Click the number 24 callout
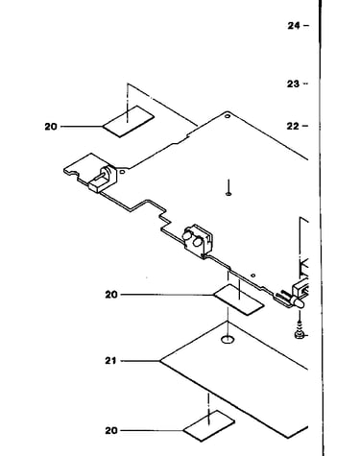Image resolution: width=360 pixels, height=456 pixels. tap(294, 26)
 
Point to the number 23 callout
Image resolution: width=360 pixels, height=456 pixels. tap(293, 84)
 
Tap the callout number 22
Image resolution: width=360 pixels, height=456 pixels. tap(293, 127)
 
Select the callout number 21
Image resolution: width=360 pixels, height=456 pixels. tap(110, 361)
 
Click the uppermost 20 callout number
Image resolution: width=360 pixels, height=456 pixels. tap(51, 127)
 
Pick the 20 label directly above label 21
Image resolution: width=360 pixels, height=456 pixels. tap(111, 295)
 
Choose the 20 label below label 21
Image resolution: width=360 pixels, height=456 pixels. tap(111, 431)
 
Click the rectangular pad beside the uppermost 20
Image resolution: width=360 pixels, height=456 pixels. tap(129, 121)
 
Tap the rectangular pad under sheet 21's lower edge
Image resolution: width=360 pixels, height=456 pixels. tap(209, 426)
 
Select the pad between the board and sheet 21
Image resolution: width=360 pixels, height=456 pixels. tap(239, 300)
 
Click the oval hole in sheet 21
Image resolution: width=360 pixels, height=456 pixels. tap(228, 339)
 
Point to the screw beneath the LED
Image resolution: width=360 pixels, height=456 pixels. tap(300, 332)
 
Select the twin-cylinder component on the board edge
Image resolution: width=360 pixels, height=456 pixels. tap(198, 241)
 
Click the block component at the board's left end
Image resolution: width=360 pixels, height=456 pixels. tap(103, 179)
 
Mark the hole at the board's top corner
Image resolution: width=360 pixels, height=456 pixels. tap(228, 116)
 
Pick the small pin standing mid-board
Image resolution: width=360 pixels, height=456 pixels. tap(228, 187)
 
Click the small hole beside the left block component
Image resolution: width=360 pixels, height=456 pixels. tap(122, 172)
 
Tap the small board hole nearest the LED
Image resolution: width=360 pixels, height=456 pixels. tap(253, 276)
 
